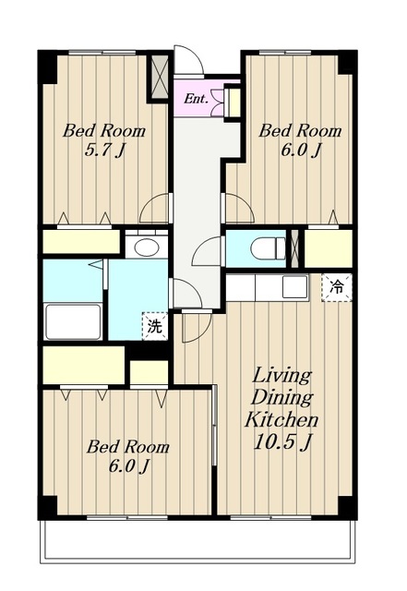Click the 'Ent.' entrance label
pos(196,99)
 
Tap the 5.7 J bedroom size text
pos(104,151)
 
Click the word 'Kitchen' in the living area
pos(281,419)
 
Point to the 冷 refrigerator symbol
pos(337,287)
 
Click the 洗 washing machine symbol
pos(154,326)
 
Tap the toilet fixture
pos(269,248)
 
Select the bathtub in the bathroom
pos(73,321)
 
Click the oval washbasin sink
pos(147,247)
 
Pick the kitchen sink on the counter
pos(294,287)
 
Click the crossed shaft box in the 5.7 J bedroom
pos(160,77)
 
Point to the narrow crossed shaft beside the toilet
pos(295,248)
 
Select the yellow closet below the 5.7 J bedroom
pos(81,242)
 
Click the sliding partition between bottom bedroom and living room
pos(214,426)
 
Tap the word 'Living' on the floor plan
pos(282,376)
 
